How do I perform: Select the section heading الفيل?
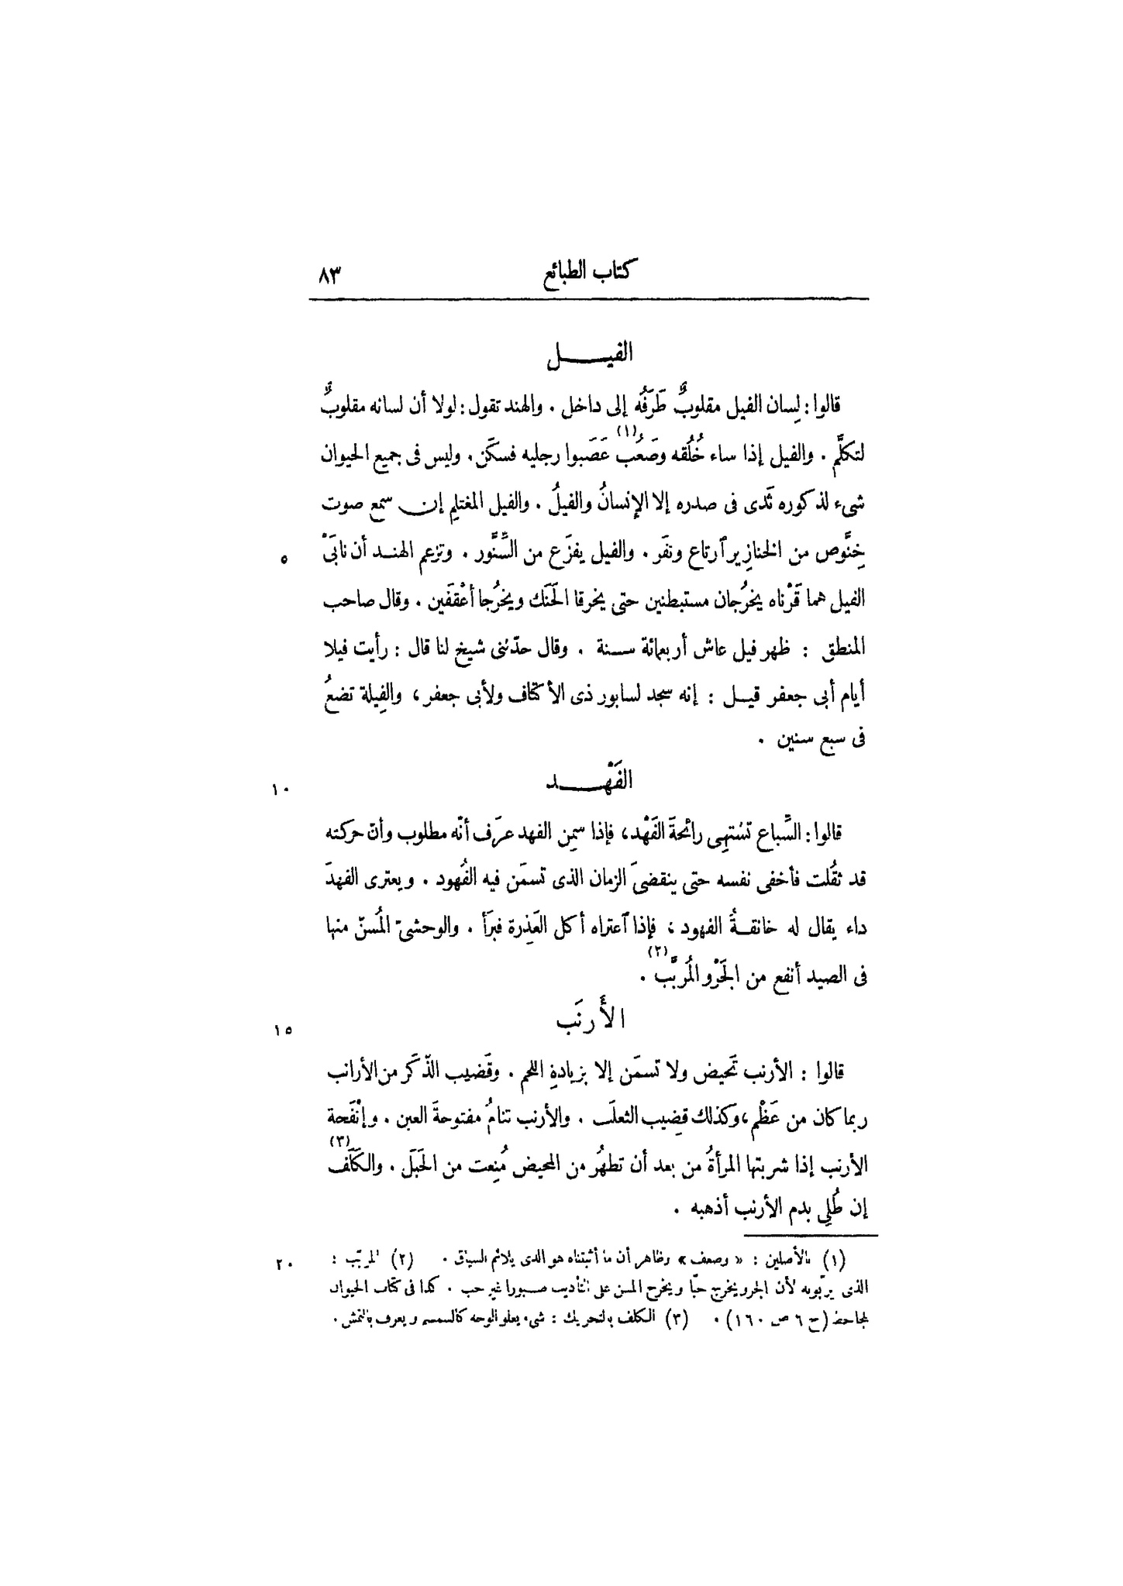[x=588, y=356]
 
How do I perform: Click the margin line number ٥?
[x=284, y=559]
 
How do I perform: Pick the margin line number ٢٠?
[x=280, y=1265]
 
